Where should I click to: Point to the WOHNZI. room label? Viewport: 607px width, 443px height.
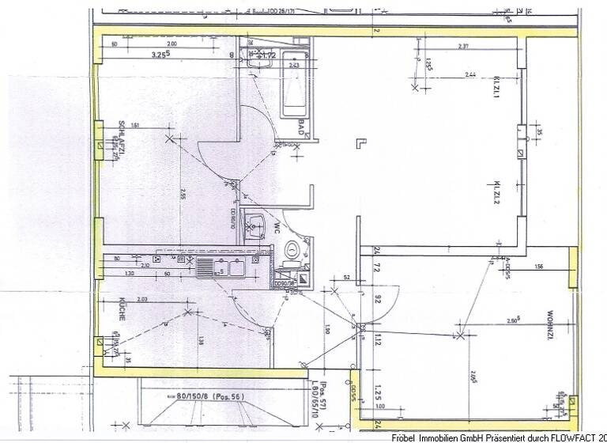(545, 326)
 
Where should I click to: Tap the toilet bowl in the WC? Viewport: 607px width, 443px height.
(290, 249)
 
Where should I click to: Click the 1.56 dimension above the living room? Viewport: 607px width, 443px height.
(538, 265)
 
